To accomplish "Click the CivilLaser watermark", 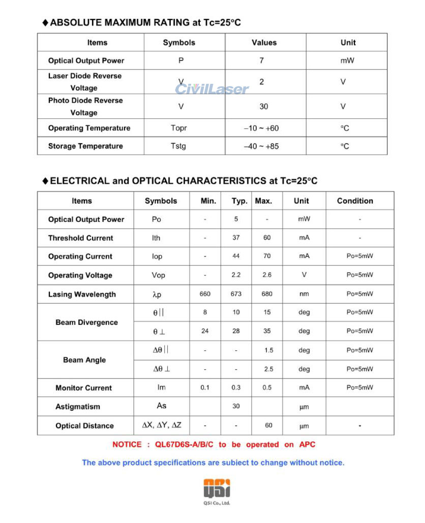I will click(x=212, y=89).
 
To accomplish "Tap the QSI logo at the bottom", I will click(x=217, y=488).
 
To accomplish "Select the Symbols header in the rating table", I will click(x=179, y=43).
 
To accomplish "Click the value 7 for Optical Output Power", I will click(x=261, y=60).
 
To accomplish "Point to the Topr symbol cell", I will click(x=179, y=128).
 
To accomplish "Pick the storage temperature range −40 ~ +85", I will click(x=261, y=146).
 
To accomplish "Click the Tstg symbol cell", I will click(x=178, y=146).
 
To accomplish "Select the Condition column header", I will click(x=355, y=201).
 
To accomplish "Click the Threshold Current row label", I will click(x=81, y=238).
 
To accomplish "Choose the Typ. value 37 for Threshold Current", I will click(x=236, y=238).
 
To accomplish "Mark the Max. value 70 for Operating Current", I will click(x=267, y=256).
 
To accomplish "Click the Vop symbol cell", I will click(x=159, y=275).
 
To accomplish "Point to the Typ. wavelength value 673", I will click(x=236, y=294).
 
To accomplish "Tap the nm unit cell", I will click(x=304, y=294).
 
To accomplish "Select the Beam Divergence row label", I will click(x=86, y=322).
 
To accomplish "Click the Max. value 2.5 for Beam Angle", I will click(x=268, y=369).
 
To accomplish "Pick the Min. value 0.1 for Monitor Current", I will click(x=205, y=388).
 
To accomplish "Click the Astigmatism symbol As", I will click(x=161, y=406).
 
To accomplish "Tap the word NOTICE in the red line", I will click(x=127, y=445).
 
